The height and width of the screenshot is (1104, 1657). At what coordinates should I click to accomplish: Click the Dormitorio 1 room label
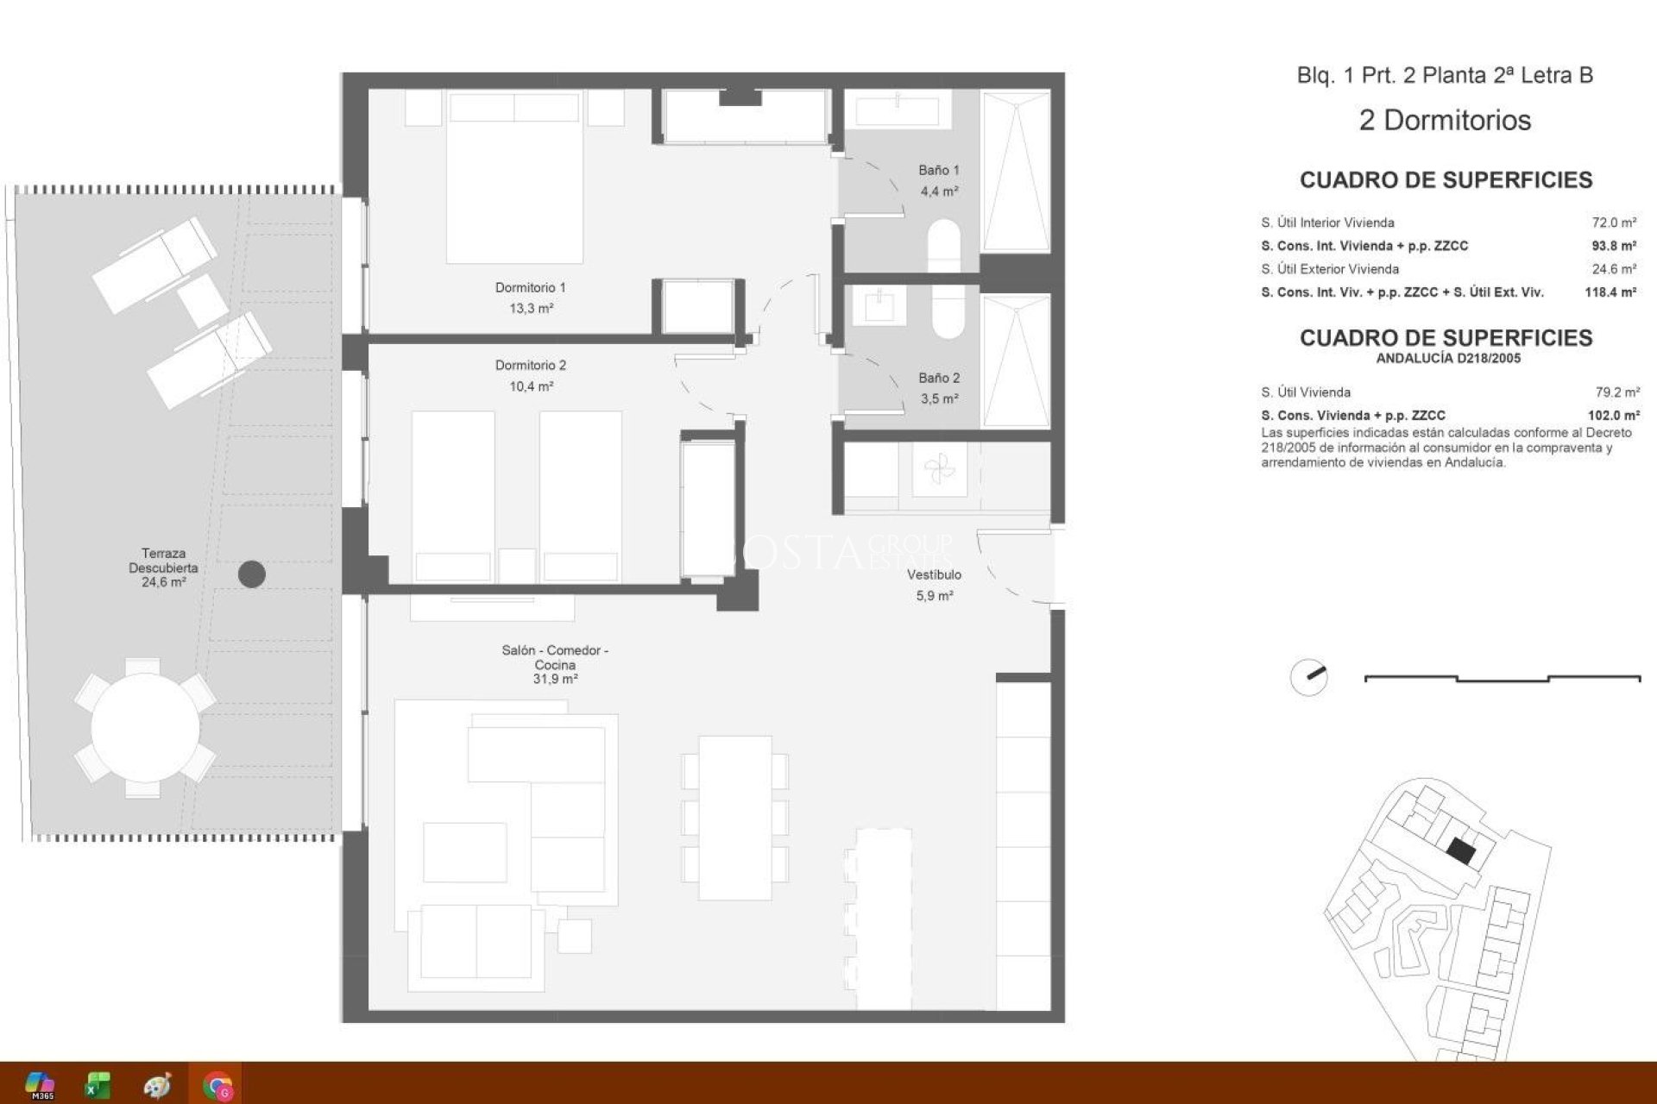tap(530, 287)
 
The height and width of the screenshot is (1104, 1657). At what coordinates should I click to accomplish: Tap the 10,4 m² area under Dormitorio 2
tap(530, 386)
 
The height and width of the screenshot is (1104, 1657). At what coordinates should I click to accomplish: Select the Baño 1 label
tap(938, 171)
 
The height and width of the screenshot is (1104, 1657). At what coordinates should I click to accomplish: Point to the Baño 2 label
tap(938, 378)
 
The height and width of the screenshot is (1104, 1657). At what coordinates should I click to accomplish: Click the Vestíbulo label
tap(934, 574)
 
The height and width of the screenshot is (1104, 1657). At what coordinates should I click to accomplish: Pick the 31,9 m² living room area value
tap(554, 680)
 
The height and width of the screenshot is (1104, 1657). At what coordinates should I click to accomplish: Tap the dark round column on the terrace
tap(251, 574)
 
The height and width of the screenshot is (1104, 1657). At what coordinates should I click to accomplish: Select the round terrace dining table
tap(145, 728)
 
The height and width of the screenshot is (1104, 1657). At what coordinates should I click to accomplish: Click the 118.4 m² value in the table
tap(1610, 292)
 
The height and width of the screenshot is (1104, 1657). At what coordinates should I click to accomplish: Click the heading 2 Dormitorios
tap(1444, 120)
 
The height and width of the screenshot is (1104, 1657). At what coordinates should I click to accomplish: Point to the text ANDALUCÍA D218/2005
tap(1447, 358)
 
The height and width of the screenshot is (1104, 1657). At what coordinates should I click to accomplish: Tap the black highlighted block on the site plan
tap(1460, 851)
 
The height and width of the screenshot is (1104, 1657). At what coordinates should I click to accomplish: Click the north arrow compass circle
tap(1308, 678)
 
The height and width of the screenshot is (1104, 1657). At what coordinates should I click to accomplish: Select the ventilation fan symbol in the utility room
tap(939, 470)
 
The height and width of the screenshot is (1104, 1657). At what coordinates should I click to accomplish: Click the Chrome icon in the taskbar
tap(217, 1085)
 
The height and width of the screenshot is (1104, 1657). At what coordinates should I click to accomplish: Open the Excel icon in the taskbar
tap(98, 1085)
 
